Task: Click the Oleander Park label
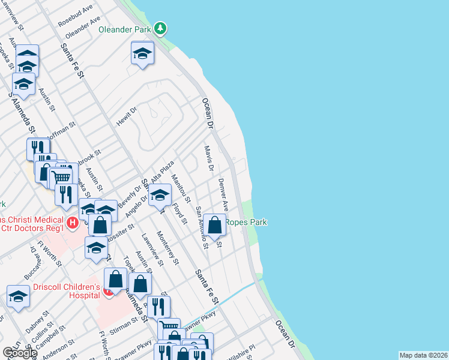(x=124, y=28)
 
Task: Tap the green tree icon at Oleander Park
(x=160, y=28)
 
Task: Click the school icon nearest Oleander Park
(x=142, y=54)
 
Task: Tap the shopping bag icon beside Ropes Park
(x=214, y=226)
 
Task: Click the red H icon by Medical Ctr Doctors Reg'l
(x=73, y=224)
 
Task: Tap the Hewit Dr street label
(x=127, y=115)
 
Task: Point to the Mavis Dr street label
(x=208, y=158)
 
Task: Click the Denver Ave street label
(x=223, y=194)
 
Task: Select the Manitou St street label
(x=180, y=188)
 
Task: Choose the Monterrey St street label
(x=167, y=247)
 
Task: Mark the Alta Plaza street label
(x=162, y=172)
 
